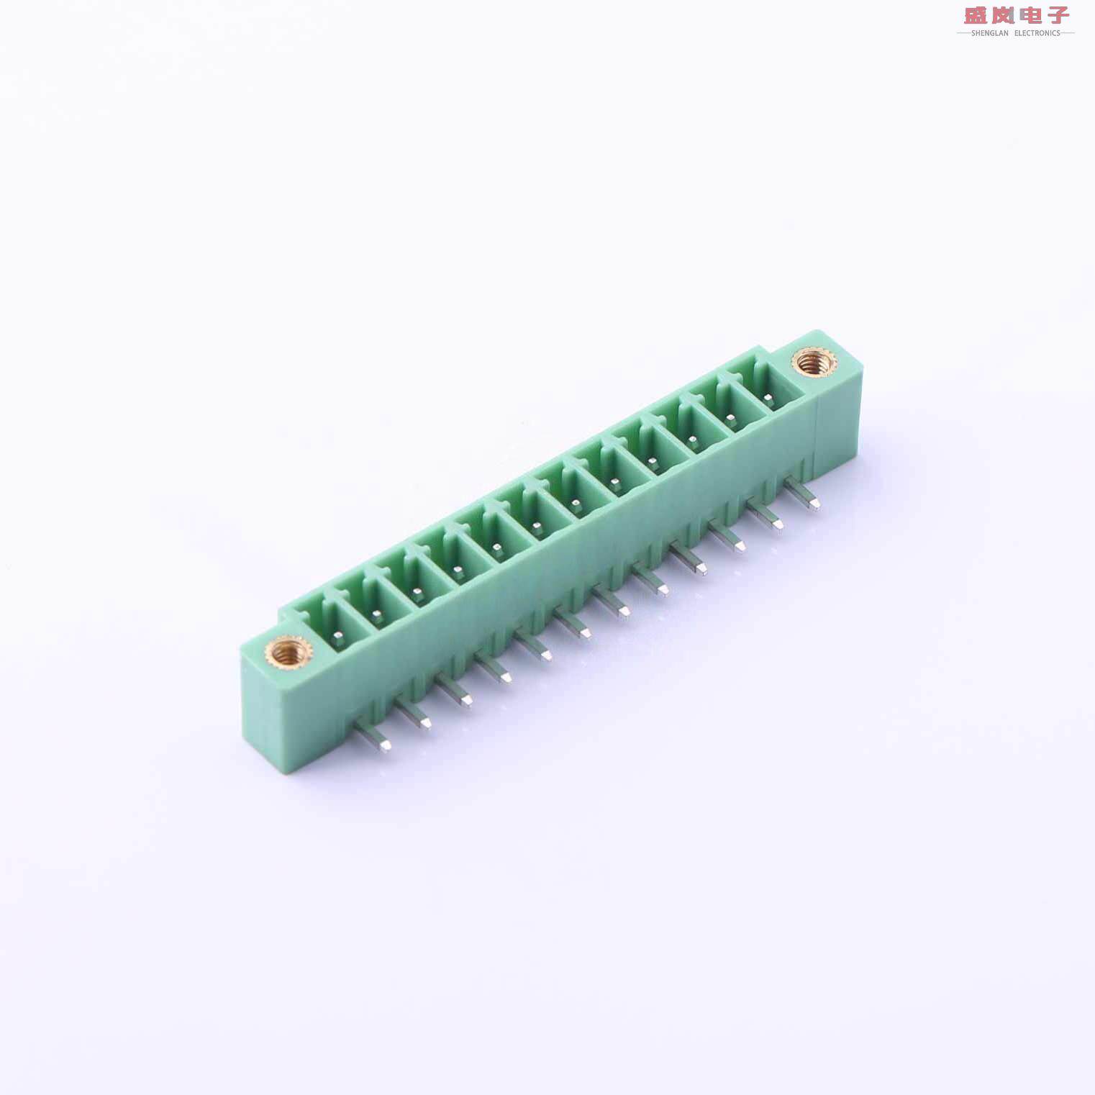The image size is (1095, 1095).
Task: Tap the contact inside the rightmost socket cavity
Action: [768, 396]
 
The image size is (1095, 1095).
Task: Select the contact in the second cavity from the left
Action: [376, 614]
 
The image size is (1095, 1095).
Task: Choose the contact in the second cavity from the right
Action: [730, 417]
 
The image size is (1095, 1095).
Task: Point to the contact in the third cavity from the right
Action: [692, 439]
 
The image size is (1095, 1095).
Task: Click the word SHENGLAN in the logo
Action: [989, 33]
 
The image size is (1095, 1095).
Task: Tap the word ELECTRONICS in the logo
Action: [1037, 33]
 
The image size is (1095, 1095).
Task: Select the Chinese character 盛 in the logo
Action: [976, 15]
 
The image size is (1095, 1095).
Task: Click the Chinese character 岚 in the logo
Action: [1003, 15]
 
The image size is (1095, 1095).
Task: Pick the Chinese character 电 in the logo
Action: [1030, 15]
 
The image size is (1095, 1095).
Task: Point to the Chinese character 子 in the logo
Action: [1058, 15]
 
